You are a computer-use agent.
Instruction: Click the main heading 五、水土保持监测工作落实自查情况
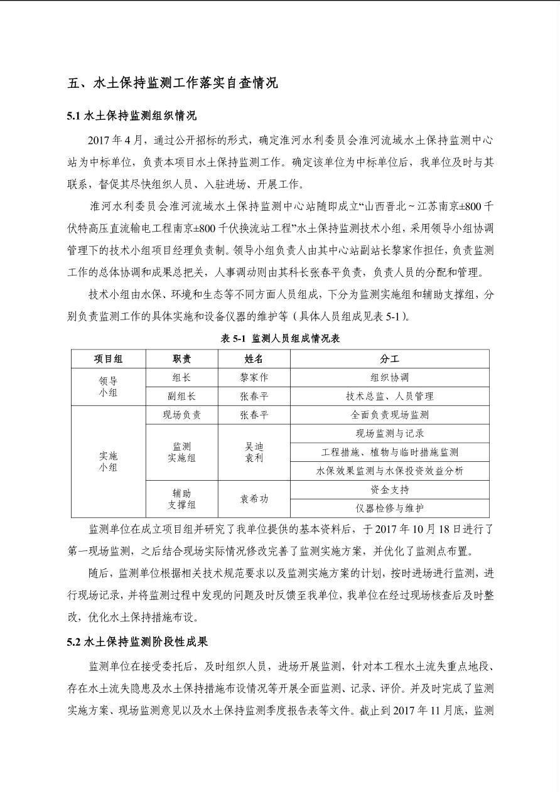[x=173, y=83]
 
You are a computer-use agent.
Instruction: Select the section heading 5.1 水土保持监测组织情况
[x=131, y=115]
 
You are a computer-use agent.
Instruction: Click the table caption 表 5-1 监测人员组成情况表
[x=280, y=338]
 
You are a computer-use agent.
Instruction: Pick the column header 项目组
[x=108, y=359]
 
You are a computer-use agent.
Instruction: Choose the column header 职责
[x=181, y=359]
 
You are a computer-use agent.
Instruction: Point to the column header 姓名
[x=254, y=359]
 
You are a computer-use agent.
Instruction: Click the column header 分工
[x=389, y=359]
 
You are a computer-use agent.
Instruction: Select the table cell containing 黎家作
[x=254, y=378]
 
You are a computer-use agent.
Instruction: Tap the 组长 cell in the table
[x=181, y=378]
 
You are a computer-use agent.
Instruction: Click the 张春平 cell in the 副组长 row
[x=254, y=397]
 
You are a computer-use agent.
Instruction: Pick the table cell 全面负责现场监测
[x=389, y=415]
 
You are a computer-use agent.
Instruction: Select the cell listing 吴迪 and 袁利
[x=254, y=452]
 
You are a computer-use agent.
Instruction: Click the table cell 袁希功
[x=254, y=499]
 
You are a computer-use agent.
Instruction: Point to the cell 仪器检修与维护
[x=389, y=508]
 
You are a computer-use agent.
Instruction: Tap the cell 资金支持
[x=389, y=490]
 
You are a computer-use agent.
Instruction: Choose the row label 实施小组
[x=108, y=461]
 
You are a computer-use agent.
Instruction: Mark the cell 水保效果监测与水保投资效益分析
[x=389, y=471]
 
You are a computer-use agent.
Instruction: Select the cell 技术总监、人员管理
[x=389, y=397]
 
